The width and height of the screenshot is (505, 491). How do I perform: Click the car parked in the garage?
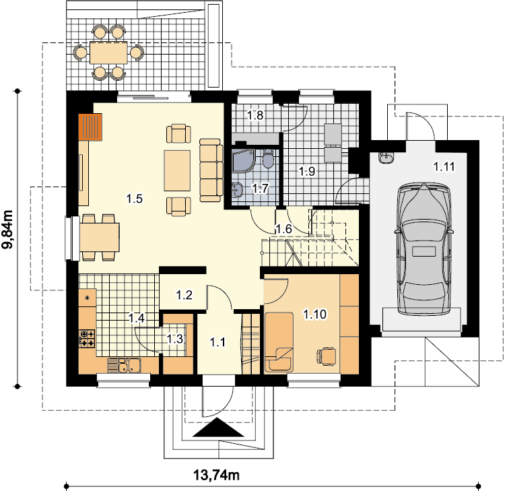tap(423, 249)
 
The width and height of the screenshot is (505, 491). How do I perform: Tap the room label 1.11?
tap(444, 166)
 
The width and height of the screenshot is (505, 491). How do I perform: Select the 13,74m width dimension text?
tap(216, 475)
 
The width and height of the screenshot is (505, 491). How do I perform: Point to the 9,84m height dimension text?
tap(7, 230)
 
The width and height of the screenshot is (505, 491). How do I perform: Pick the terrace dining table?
tap(108, 53)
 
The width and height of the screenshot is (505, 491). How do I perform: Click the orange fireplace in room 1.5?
tap(90, 127)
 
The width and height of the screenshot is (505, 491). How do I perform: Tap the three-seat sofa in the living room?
tap(211, 170)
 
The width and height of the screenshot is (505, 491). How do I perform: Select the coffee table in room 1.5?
tap(177, 171)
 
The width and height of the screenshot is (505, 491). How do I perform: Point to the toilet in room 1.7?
tap(268, 158)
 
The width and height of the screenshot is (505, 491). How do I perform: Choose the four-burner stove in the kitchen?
tap(87, 339)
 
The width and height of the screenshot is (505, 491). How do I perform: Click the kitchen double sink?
tap(124, 365)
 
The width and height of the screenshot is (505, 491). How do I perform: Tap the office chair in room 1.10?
tap(327, 356)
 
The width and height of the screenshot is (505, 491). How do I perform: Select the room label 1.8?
tap(255, 115)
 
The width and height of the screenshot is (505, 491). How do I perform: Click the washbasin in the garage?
tap(386, 158)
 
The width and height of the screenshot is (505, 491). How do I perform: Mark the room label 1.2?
tap(184, 294)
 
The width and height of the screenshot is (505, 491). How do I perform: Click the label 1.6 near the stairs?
tap(283, 229)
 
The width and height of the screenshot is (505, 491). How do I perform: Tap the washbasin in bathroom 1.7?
tap(237, 189)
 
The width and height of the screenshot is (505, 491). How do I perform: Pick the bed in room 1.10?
tap(279, 341)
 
